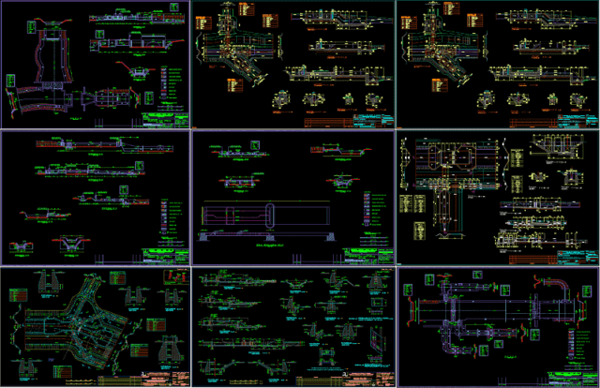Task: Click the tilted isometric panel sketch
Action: (374, 338)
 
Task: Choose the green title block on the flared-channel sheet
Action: (170, 119)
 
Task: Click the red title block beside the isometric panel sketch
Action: (370, 376)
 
